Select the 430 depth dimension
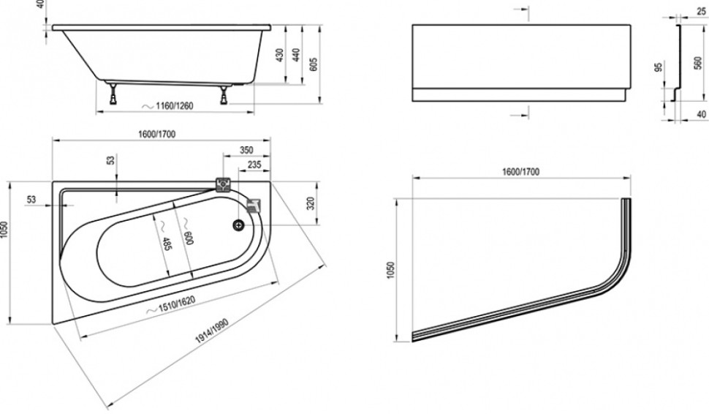click(x=281, y=56)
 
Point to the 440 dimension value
click(x=297, y=56)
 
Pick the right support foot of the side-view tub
click(x=221, y=93)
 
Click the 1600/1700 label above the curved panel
click(x=520, y=172)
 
